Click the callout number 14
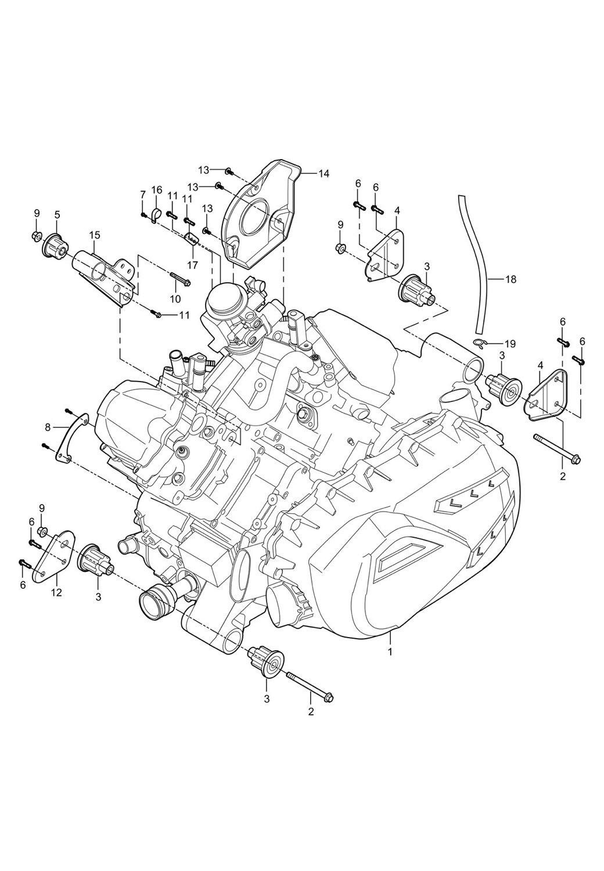[x=323, y=173]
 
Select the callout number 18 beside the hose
[x=510, y=279]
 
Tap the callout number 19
[x=511, y=343]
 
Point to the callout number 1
[x=390, y=652]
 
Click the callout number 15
[x=95, y=235]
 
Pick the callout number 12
[x=57, y=593]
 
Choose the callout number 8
[x=48, y=427]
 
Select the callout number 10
[x=175, y=298]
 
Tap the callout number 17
[x=192, y=264]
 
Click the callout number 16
[x=157, y=190]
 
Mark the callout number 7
[x=142, y=193]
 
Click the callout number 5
[x=57, y=214]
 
